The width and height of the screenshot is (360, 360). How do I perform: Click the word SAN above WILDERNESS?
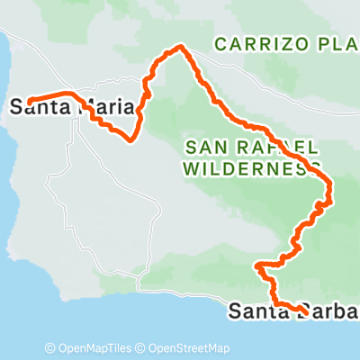202,147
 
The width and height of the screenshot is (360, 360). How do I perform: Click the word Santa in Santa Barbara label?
256,311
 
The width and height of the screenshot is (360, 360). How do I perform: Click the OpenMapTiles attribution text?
95,348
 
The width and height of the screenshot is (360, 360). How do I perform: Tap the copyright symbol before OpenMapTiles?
50,348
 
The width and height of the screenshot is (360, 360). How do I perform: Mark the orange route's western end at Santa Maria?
29,101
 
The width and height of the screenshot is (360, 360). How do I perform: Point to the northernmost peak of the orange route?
181,47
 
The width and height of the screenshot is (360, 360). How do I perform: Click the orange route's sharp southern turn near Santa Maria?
133,139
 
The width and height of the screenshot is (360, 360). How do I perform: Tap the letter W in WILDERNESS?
189,167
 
